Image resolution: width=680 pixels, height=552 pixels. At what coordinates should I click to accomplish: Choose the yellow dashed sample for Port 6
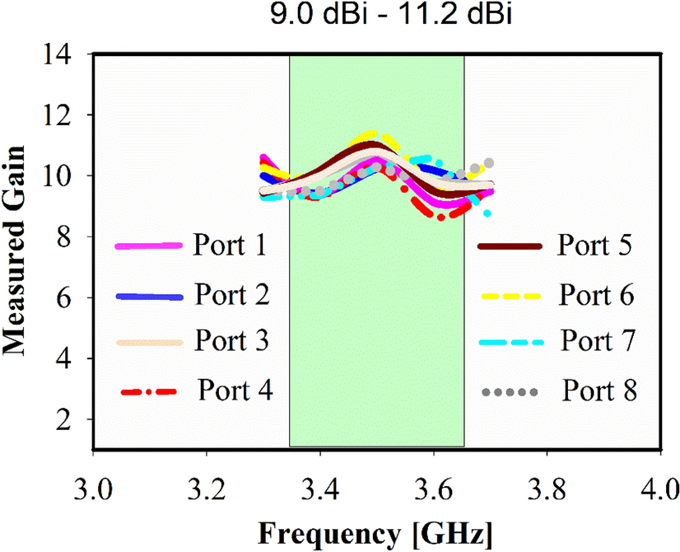510,294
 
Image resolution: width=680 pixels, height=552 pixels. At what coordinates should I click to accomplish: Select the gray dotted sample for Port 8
510,388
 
